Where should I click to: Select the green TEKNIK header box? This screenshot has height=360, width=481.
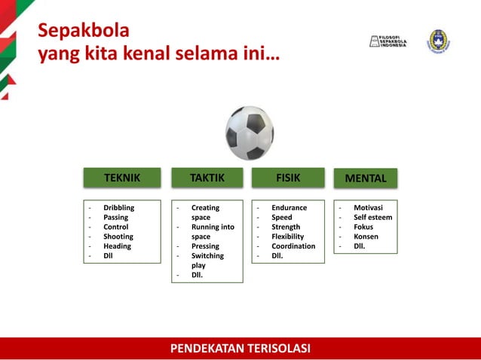click(122, 178)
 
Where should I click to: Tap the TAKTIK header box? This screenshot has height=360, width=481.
click(207, 178)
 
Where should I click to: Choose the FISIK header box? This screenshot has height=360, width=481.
click(288, 178)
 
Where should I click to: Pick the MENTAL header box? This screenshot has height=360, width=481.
click(366, 178)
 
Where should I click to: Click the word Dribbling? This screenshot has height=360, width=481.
click(119, 207)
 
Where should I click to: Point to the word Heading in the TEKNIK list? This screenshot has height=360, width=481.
click(117, 246)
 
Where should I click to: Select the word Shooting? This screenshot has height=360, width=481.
click(118, 236)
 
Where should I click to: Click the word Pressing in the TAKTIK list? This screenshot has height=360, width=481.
click(205, 246)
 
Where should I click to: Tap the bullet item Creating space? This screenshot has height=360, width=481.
click(205, 212)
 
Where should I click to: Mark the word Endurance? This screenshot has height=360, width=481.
click(289, 207)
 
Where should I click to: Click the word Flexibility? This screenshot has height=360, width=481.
click(290, 236)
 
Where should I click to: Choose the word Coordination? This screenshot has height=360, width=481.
click(293, 246)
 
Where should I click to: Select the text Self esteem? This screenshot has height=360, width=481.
click(372, 217)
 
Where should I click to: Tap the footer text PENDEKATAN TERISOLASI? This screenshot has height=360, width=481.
click(240, 348)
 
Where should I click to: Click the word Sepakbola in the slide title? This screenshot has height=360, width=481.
click(84, 31)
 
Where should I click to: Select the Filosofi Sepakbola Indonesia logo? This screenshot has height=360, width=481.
click(388, 41)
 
